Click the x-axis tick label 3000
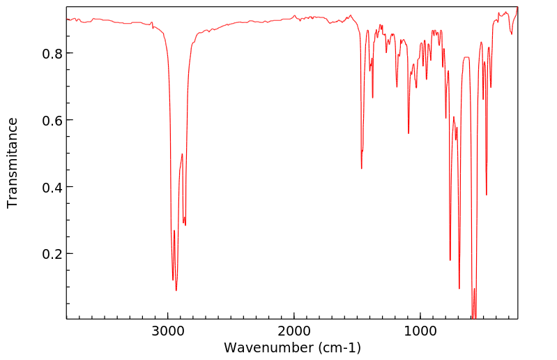(168, 330)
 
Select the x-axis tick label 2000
(294, 330)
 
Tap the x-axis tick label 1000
(420, 330)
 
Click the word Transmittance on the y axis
(13, 163)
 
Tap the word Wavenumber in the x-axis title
(266, 347)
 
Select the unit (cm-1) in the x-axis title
(337, 347)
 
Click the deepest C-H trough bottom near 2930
(176, 290)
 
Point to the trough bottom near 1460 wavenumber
(361, 168)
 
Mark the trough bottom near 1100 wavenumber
(409, 133)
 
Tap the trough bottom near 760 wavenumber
(450, 260)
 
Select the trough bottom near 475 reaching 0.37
(487, 195)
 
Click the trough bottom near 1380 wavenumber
(373, 97)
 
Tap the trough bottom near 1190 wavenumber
(397, 87)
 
